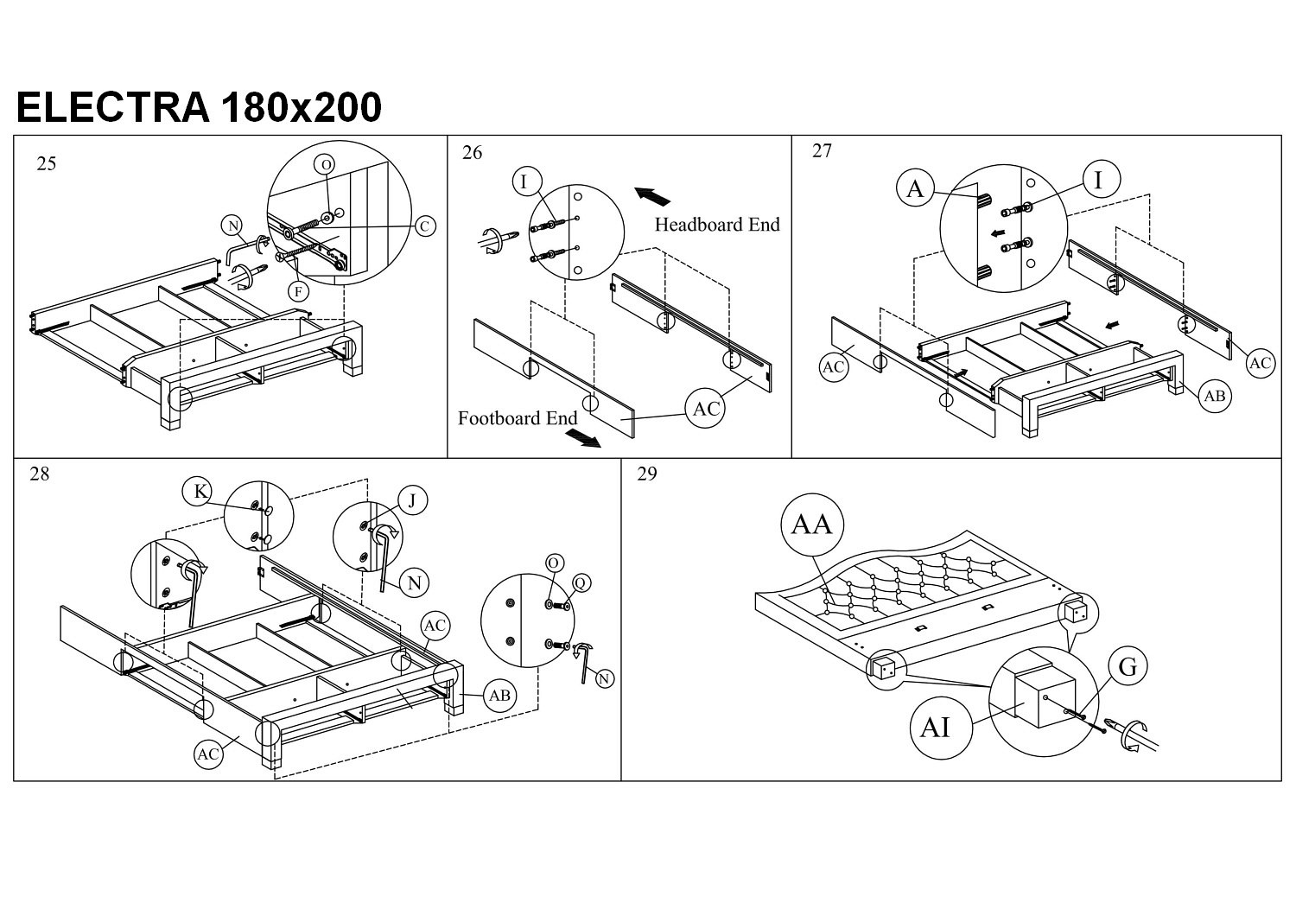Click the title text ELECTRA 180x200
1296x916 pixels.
pos(199,108)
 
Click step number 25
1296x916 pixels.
pos(47,163)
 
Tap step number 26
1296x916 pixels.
pos(473,153)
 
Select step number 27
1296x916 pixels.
pos(822,151)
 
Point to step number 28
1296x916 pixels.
pos(40,474)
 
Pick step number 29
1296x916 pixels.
pos(646,474)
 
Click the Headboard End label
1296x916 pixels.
pos(716,225)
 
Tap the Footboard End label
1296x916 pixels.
pos(518,418)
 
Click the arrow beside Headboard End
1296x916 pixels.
pos(652,195)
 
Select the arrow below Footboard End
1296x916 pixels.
pos(584,439)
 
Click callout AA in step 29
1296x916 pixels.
pos(812,524)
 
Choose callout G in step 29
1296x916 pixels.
pos(1128,666)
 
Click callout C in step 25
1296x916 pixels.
pos(424,226)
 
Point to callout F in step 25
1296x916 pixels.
pos(298,291)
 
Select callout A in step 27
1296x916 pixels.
pos(917,188)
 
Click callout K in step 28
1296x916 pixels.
pos(200,492)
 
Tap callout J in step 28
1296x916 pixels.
pos(413,500)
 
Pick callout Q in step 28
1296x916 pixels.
pos(581,583)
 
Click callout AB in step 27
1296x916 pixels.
pos(1215,396)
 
